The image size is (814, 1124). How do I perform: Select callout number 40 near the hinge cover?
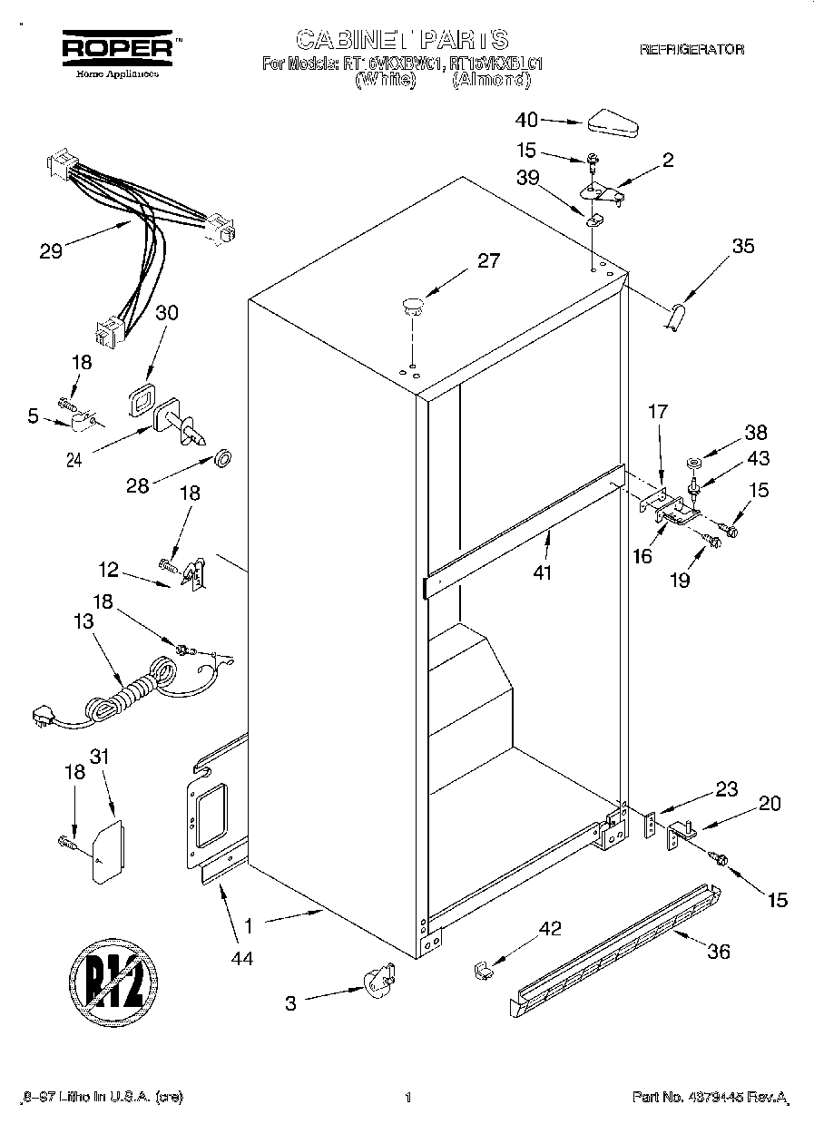pos(526,119)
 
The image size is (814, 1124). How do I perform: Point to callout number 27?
pos(488,261)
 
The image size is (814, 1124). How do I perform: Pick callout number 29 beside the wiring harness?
pos(51,251)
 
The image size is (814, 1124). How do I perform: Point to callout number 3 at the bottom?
pos(291,1002)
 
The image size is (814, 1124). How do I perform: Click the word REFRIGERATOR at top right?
pos(691,50)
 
